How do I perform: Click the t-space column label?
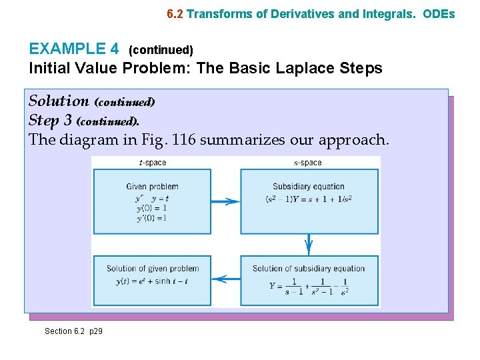[x=152, y=163]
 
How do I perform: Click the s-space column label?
[x=307, y=163]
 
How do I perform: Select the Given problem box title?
[x=152, y=187]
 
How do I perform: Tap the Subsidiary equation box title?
[x=309, y=187]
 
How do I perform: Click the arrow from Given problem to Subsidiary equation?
[x=225, y=201]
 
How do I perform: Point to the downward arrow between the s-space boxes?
[x=309, y=245]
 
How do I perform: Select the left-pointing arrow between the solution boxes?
[x=225, y=278]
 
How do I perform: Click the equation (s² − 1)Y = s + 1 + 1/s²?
[x=309, y=199]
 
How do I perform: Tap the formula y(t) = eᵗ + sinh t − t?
[x=152, y=281]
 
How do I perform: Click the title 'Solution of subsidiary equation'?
[x=309, y=269]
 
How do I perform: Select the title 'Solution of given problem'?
[x=153, y=269]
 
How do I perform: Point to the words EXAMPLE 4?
[x=74, y=49]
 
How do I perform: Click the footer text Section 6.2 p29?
[x=73, y=331]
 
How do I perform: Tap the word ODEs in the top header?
[x=439, y=13]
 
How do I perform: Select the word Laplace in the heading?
[x=306, y=68]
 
